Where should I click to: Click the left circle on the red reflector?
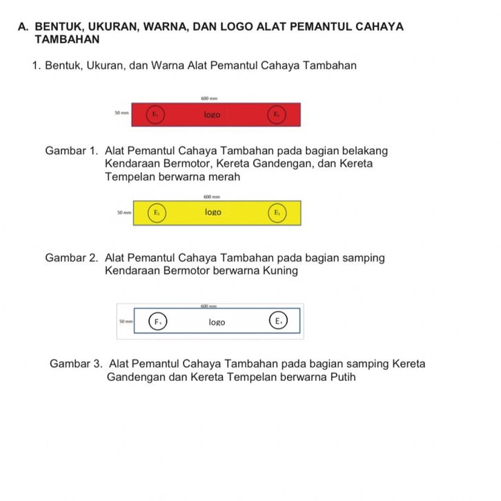click(x=155, y=114)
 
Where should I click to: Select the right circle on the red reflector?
click(x=275, y=114)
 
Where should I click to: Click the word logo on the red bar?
click(x=212, y=115)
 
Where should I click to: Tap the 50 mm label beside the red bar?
click(x=121, y=112)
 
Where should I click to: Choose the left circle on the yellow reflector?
click(x=157, y=213)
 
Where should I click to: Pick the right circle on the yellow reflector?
click(x=276, y=213)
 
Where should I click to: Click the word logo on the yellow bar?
click(x=213, y=212)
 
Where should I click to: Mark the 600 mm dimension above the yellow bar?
click(x=212, y=197)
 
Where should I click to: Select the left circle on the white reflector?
click(x=158, y=322)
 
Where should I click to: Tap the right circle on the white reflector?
click(x=277, y=321)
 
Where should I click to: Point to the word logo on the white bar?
click(x=217, y=322)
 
